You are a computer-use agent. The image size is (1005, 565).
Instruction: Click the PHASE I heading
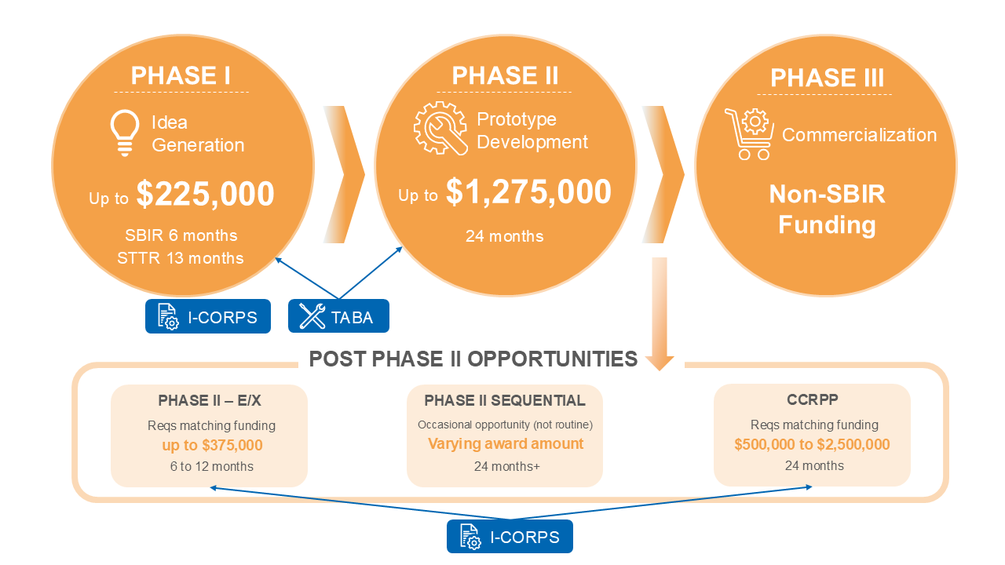pyautogui.click(x=181, y=75)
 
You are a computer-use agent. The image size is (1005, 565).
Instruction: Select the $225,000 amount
pyautogui.click(x=205, y=195)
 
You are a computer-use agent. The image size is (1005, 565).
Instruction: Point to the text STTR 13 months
pyautogui.click(x=181, y=258)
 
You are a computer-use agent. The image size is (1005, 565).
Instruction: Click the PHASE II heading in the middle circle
pyautogui.click(x=505, y=76)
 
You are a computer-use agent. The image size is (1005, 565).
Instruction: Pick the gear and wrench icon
pyautogui.click(x=440, y=128)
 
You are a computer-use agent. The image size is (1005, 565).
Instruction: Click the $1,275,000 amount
pyautogui.click(x=528, y=192)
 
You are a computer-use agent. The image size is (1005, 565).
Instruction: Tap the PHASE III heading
pyautogui.click(x=827, y=78)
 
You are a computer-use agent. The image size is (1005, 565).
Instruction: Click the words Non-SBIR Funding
pyautogui.click(x=827, y=210)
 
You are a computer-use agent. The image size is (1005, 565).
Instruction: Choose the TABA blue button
pyautogui.click(x=338, y=316)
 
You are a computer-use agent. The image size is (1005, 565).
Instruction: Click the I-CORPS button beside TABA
pyautogui.click(x=207, y=316)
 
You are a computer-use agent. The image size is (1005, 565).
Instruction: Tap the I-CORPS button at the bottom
pyautogui.click(x=510, y=537)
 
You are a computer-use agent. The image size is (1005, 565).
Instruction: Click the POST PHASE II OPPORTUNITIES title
pyautogui.click(x=473, y=359)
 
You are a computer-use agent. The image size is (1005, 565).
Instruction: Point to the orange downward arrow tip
pyautogui.click(x=660, y=365)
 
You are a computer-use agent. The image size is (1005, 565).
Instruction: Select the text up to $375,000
pyautogui.click(x=212, y=446)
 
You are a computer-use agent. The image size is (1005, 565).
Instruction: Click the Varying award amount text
pyautogui.click(x=506, y=444)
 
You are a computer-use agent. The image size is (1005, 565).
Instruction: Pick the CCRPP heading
pyautogui.click(x=813, y=399)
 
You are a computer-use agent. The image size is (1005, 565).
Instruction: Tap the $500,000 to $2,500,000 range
pyautogui.click(x=812, y=445)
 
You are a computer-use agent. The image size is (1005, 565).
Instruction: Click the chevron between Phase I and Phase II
pyautogui.click(x=345, y=174)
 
